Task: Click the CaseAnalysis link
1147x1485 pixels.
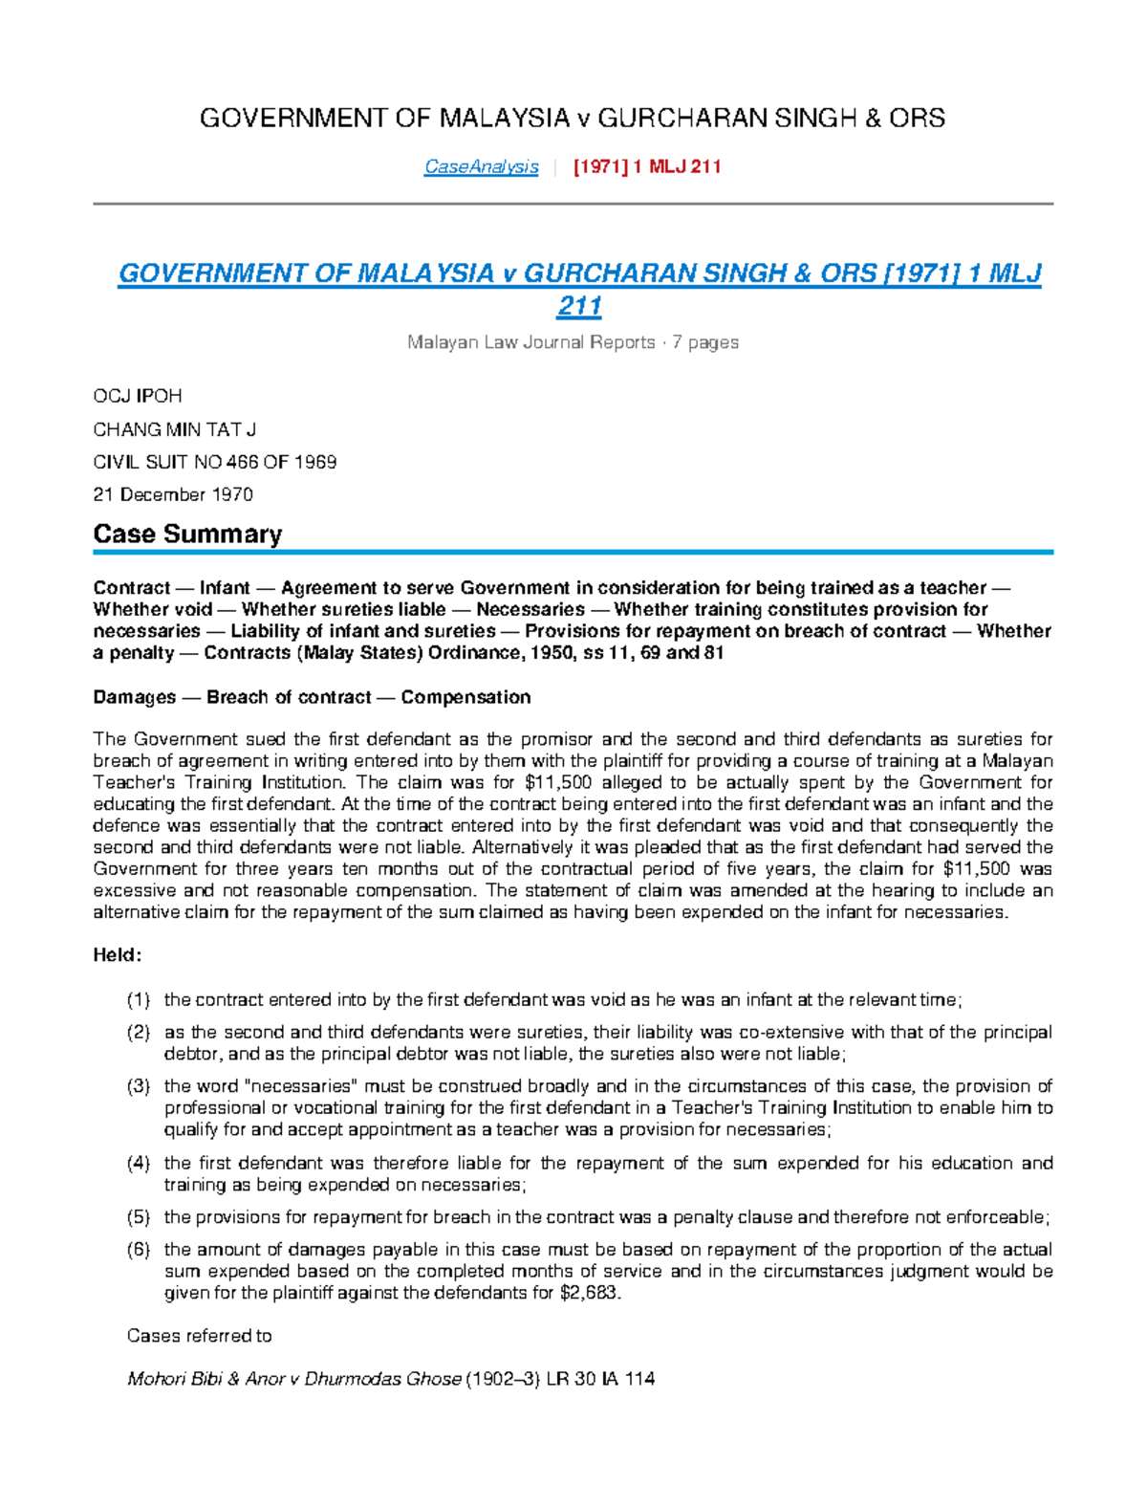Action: (x=481, y=167)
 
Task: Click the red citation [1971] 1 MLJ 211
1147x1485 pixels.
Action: (x=646, y=167)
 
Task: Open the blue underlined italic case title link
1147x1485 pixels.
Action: (x=579, y=274)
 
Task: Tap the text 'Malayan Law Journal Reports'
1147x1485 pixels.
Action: (x=530, y=342)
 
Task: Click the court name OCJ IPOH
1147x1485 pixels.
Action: (x=137, y=396)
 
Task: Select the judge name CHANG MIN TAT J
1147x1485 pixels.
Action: (x=174, y=429)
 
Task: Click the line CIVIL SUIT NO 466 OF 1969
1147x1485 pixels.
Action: (x=214, y=462)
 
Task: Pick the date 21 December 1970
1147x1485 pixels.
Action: (x=172, y=494)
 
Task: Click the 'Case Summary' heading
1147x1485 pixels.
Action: (x=187, y=534)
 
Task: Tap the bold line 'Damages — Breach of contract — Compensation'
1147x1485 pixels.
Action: (x=312, y=697)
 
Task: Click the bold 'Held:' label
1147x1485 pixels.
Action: (x=118, y=954)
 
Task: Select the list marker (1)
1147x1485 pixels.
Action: (x=139, y=1000)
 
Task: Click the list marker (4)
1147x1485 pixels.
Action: (x=139, y=1164)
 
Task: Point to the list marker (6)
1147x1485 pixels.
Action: (x=139, y=1250)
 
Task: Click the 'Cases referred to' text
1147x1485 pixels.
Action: (x=199, y=1336)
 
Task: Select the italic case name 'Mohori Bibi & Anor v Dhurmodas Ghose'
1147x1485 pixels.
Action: (x=293, y=1379)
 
